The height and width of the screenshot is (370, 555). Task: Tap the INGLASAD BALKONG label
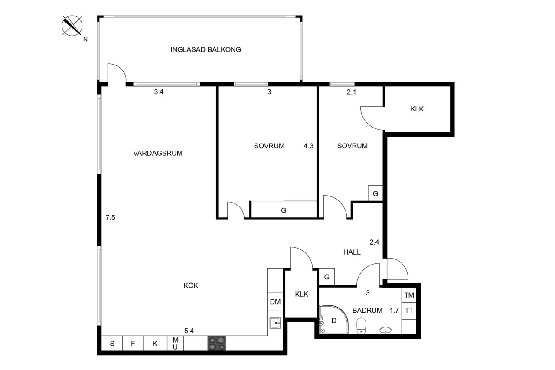pos(206,49)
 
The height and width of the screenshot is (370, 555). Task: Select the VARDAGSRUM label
pos(158,153)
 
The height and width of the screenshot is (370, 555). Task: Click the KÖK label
pos(191,285)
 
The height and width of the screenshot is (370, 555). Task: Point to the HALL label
pos(352,252)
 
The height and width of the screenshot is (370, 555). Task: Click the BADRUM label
pos(367,310)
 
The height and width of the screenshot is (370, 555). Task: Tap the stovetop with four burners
pos(217,343)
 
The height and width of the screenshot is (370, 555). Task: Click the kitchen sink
pos(275,323)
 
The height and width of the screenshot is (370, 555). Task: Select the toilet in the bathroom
pos(361,326)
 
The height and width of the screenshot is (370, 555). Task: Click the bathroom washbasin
pos(385,331)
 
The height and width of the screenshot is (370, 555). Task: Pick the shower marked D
pos(334,320)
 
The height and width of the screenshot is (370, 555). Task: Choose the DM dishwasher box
pos(275,301)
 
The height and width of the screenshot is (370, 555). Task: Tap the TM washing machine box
pos(409,295)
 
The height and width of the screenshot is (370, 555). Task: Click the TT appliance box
pos(409,311)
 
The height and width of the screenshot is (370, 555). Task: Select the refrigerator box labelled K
pos(155,343)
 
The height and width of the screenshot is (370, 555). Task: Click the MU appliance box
pos(176,343)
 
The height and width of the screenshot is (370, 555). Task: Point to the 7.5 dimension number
pos(110,218)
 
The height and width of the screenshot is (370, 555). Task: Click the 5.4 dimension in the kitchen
pos(189,331)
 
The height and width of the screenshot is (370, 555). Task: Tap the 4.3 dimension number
pos(308,146)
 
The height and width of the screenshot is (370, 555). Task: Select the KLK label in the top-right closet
pos(417,109)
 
